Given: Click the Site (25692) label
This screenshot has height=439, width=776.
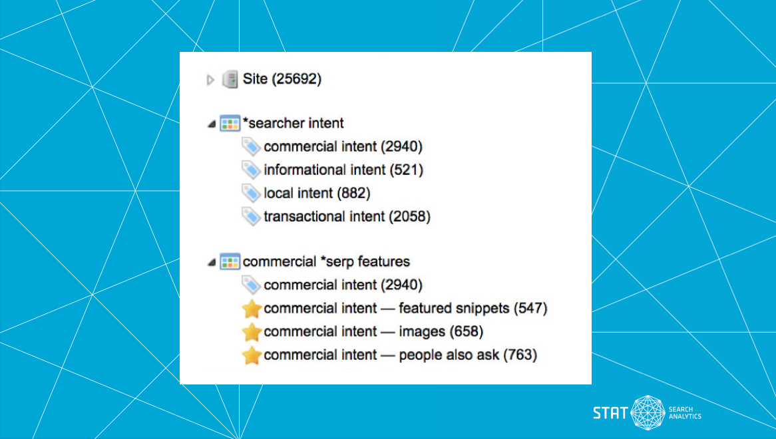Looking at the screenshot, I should [282, 79].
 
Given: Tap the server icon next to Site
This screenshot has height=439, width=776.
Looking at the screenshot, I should [230, 80].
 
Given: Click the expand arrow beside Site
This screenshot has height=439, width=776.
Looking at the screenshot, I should [210, 80].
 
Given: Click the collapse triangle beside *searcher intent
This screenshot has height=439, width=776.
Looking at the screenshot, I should [211, 124].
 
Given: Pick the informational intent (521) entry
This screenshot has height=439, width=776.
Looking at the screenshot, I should [343, 170].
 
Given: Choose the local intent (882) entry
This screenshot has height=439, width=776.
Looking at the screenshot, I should [317, 194].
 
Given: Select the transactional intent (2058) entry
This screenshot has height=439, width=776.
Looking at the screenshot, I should [347, 216].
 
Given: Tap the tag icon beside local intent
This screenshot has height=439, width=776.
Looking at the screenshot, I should [251, 194].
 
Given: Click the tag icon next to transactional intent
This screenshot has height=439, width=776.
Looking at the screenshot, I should [251, 217].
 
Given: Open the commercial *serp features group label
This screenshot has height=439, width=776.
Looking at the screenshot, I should [326, 261].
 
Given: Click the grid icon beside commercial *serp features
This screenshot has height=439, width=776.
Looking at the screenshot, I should [230, 262].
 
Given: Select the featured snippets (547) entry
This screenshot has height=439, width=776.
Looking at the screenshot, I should [405, 309].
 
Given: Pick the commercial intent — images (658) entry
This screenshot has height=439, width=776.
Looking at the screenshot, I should [373, 332].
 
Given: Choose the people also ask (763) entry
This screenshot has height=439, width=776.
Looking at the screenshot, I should [400, 355].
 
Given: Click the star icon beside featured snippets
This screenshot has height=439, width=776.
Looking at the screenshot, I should [252, 309].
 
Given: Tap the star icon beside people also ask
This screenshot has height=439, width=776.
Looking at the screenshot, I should [252, 355].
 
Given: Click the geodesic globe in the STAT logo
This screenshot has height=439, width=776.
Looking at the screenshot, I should [648, 413].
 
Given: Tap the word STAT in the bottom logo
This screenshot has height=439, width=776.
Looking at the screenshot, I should [610, 413].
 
